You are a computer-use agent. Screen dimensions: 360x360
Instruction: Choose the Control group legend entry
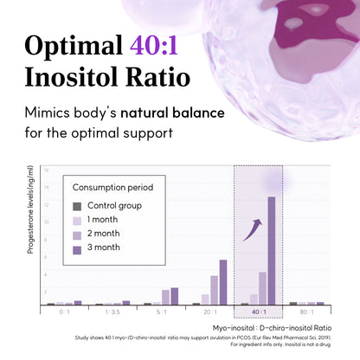112,206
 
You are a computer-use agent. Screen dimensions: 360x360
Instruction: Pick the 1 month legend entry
104,219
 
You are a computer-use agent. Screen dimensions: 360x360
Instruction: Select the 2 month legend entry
104,234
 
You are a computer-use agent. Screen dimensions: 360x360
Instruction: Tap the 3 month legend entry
104,248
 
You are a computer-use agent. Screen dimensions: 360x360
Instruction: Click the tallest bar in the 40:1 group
271,251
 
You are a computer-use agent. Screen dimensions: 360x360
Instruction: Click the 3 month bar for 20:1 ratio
223,282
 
